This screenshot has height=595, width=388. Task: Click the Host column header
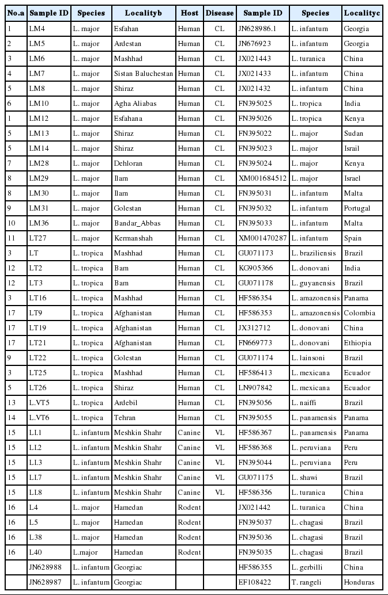(190, 13)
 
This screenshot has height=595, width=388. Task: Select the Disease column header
(220, 13)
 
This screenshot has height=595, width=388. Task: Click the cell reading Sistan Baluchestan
(144, 74)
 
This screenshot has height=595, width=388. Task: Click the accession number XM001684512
(263, 178)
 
